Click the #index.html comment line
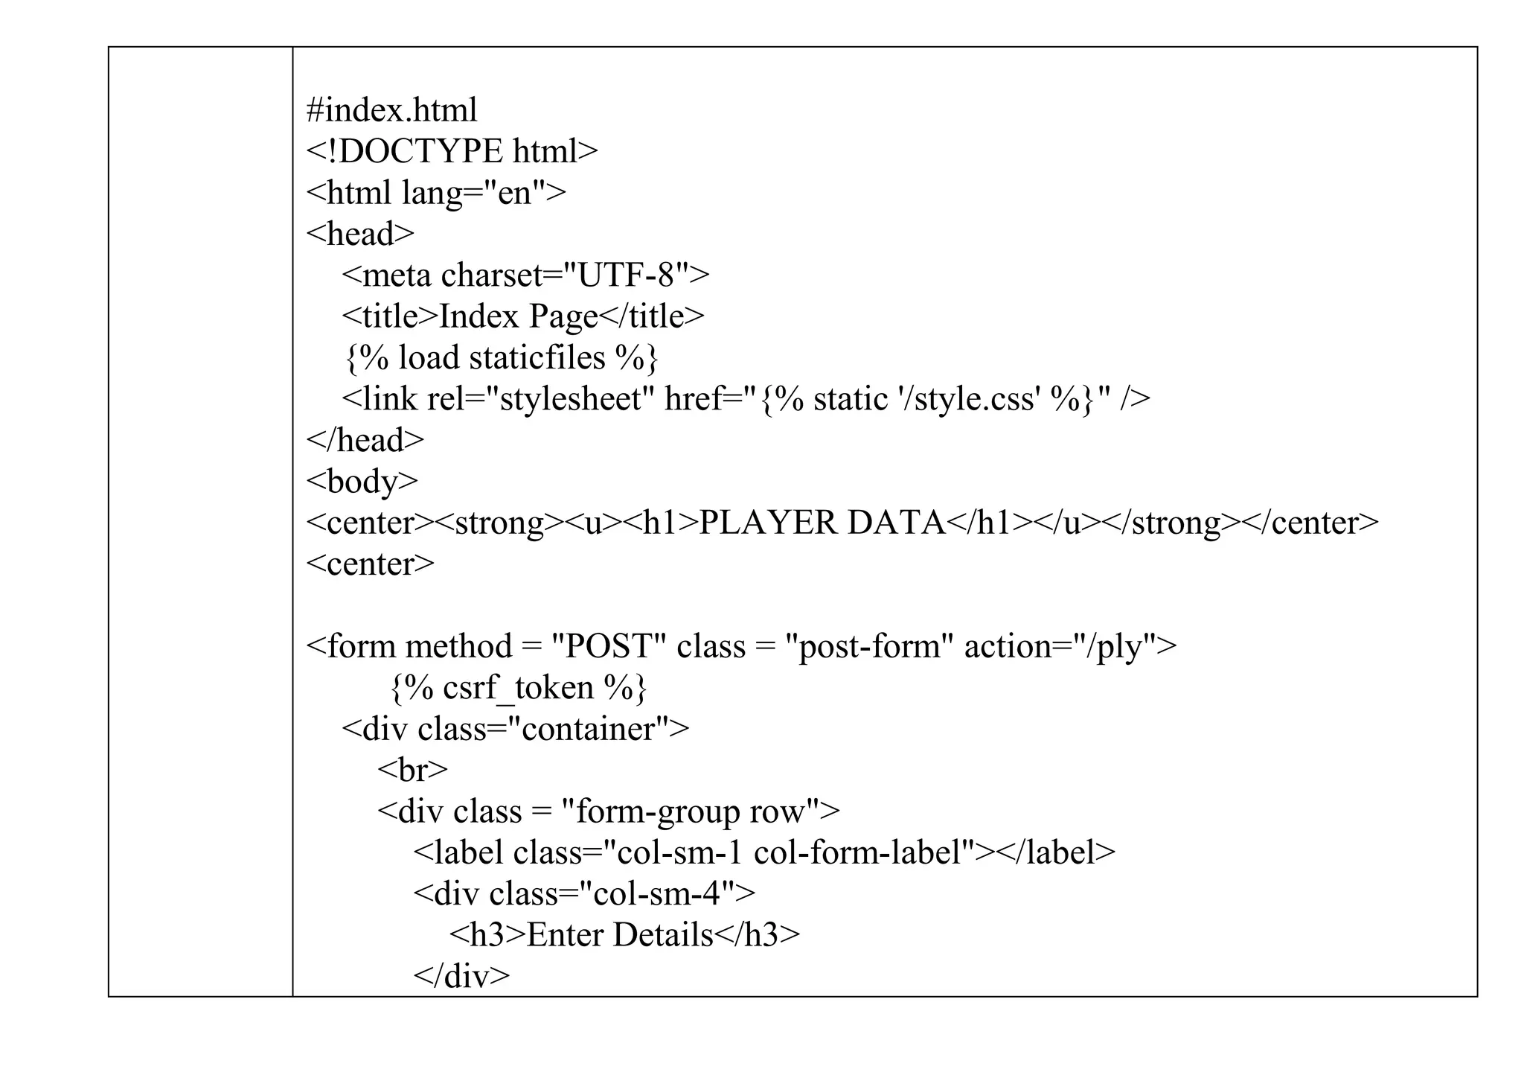coord(391,110)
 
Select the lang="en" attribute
coord(474,193)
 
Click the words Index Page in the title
coord(519,316)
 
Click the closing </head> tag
coord(365,440)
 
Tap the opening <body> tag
coord(362,482)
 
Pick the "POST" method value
coord(608,646)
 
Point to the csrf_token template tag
coord(519,688)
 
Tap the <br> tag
coord(412,770)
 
